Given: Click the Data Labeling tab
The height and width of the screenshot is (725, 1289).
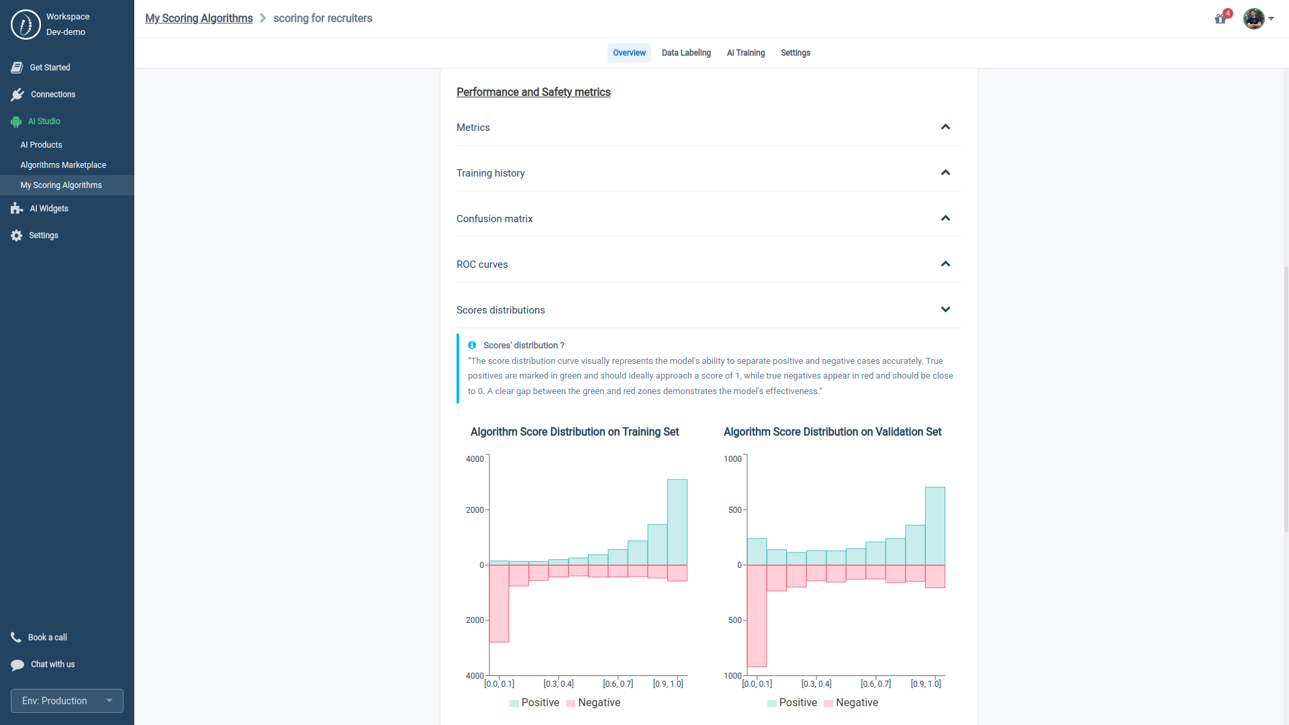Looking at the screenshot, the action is pyautogui.click(x=685, y=53).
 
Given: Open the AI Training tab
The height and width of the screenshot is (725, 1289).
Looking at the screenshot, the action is pyautogui.click(x=745, y=53).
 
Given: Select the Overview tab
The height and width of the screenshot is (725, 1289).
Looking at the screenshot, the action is pyautogui.click(x=629, y=53).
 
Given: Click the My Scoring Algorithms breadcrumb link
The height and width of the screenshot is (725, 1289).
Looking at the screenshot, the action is pyautogui.click(x=199, y=18).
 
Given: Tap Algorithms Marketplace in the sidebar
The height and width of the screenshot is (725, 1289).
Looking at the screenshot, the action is pyautogui.click(x=63, y=165).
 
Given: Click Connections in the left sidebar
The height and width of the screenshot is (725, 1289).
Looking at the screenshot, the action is pyautogui.click(x=52, y=95).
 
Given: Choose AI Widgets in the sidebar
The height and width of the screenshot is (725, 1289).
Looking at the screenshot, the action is pyautogui.click(x=48, y=209).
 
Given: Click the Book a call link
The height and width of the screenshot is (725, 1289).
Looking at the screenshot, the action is pyautogui.click(x=47, y=638).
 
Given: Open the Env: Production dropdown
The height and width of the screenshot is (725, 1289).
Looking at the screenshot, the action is pyautogui.click(x=67, y=701).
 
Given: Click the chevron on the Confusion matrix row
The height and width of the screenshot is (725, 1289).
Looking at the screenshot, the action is pyautogui.click(x=945, y=218).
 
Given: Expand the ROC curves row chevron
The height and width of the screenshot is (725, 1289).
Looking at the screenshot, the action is pyautogui.click(x=945, y=264).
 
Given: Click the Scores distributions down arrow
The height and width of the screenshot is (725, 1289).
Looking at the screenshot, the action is pyautogui.click(x=945, y=309).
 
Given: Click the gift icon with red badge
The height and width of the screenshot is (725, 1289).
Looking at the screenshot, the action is pyautogui.click(x=1221, y=19).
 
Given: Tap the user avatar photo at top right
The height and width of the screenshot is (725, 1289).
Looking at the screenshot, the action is pyautogui.click(x=1253, y=19).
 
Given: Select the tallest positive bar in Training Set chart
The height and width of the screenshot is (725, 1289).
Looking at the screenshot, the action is pyautogui.click(x=677, y=522).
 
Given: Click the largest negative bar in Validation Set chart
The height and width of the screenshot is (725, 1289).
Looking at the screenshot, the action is pyautogui.click(x=757, y=616).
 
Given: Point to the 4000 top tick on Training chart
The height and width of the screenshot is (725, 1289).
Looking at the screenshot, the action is pyautogui.click(x=475, y=459).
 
